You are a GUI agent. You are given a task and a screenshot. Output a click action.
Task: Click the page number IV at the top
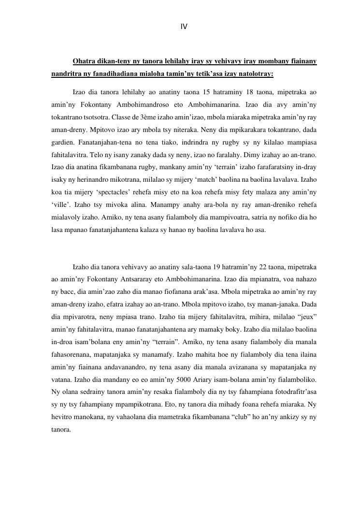[x=184, y=27]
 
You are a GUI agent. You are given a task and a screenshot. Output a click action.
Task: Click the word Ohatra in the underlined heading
[x=83, y=61]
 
